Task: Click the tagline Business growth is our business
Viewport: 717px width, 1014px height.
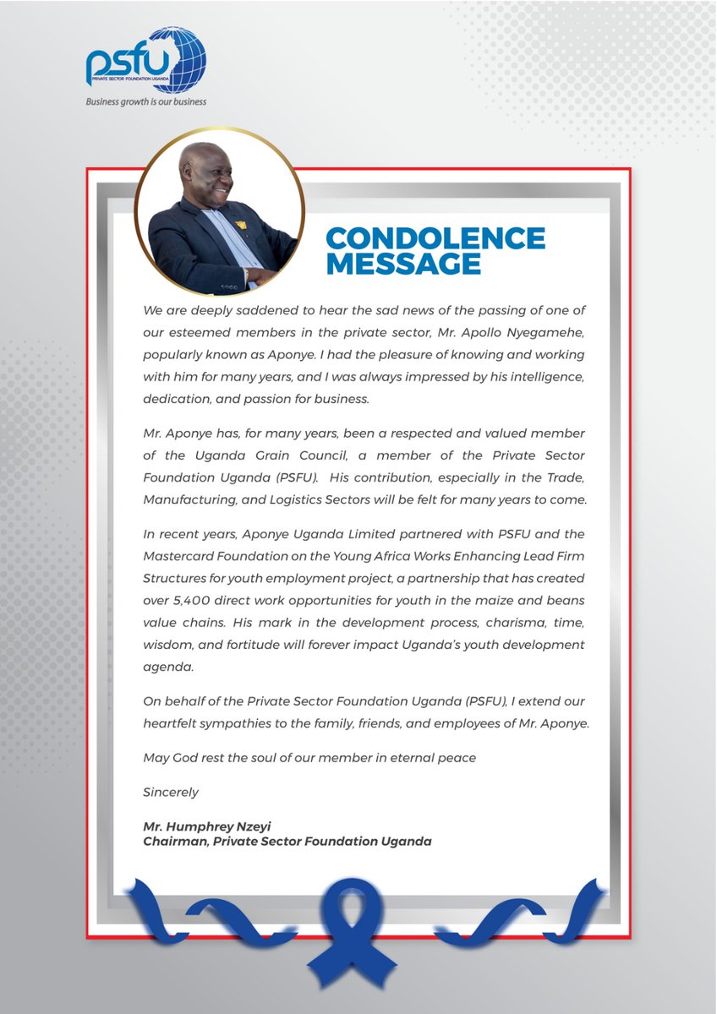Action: click(x=146, y=101)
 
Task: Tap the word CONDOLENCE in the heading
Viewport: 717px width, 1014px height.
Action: click(x=435, y=238)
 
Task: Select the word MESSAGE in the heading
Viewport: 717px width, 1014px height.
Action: click(x=403, y=264)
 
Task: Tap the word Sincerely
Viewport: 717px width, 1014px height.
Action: click(x=171, y=792)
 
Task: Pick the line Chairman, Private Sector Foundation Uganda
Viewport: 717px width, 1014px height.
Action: click(x=287, y=842)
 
